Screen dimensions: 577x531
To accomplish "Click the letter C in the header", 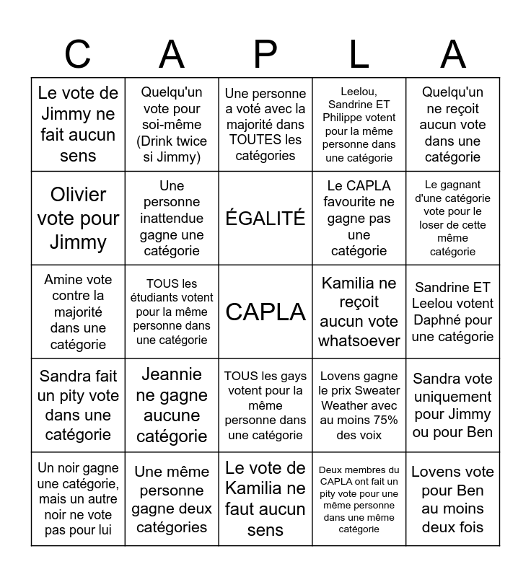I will coord(78,54).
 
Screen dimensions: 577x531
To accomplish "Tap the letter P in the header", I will coord(265,54).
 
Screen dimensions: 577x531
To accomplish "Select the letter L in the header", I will coord(359,54).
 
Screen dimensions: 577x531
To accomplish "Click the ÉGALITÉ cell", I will coord(265,219).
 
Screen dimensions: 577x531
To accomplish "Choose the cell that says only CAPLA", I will coord(265,312).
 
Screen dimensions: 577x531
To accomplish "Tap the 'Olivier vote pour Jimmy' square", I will coord(78,219).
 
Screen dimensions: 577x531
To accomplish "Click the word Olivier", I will coord(78,195).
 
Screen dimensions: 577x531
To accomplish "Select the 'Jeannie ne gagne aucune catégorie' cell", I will coord(172,405).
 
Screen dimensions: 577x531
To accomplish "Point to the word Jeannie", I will coord(172,374).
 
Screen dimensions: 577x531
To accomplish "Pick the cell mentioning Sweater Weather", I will coord(359,405).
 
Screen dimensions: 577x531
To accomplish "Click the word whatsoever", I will coord(359,340).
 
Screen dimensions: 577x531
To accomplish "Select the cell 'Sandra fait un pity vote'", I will coord(78,405).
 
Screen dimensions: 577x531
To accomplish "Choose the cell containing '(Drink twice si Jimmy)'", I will coord(172,125).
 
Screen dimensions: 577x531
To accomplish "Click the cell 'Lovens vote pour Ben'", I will coord(453,499).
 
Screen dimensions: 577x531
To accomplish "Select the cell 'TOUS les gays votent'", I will coord(265,405).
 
